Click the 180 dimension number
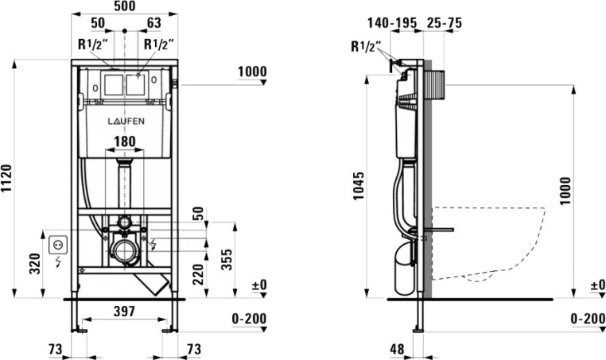pyautogui.click(x=124, y=142)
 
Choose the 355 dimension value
pyautogui.click(x=227, y=259)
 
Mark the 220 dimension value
pyautogui.click(x=198, y=272)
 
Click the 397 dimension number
pyautogui.click(x=124, y=311)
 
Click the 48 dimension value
pyautogui.click(x=398, y=348)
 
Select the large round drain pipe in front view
pyautogui.click(x=124, y=253)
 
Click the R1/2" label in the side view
pyautogui.click(x=366, y=46)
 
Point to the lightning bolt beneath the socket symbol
pyautogui.click(x=56, y=262)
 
